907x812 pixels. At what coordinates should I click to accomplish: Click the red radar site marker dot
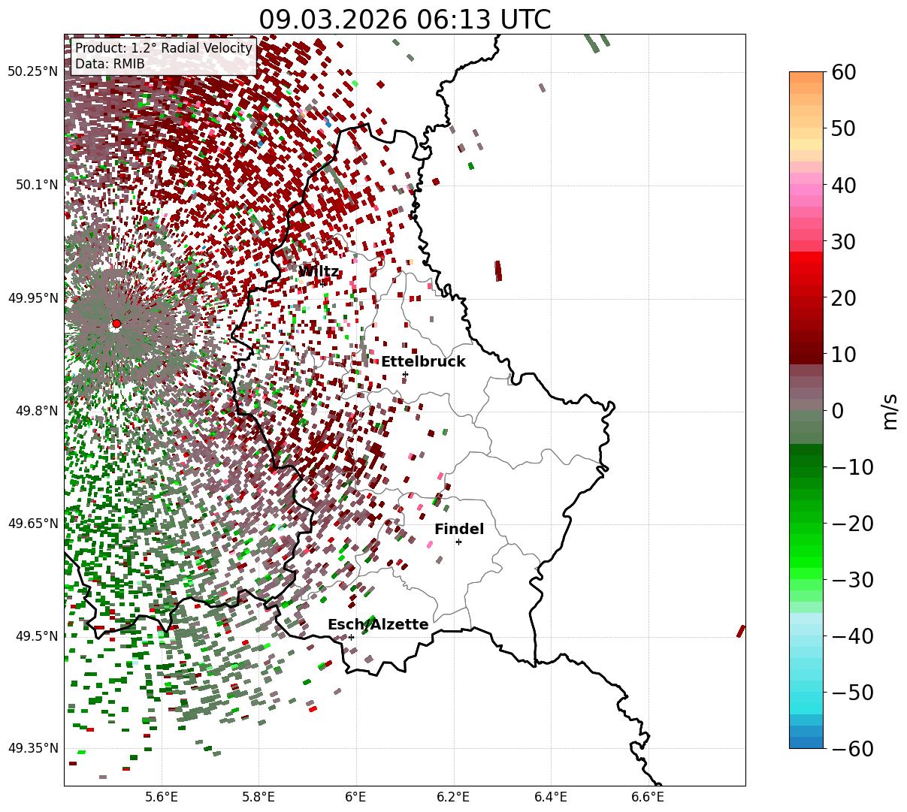pos(116,324)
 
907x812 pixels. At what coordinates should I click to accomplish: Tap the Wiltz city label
pos(319,272)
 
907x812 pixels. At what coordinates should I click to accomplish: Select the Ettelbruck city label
pos(423,362)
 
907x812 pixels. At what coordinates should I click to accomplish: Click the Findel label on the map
pos(459,530)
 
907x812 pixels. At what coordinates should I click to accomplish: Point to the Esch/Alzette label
pos(378,625)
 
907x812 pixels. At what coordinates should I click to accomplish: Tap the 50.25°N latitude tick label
pos(32,72)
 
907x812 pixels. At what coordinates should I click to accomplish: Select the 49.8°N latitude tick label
pos(35,411)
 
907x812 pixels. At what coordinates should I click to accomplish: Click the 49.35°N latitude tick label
pos(32,748)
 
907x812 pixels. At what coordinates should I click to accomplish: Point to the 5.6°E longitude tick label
pos(162,797)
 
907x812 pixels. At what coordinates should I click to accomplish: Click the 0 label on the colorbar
pos(837,411)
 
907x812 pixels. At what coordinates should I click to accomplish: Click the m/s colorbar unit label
pos(890,411)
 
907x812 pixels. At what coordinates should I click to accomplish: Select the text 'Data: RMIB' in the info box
pos(110,64)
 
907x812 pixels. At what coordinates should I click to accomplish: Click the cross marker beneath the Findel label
pos(458,542)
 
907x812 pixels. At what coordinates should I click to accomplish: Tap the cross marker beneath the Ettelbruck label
pos(405,374)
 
